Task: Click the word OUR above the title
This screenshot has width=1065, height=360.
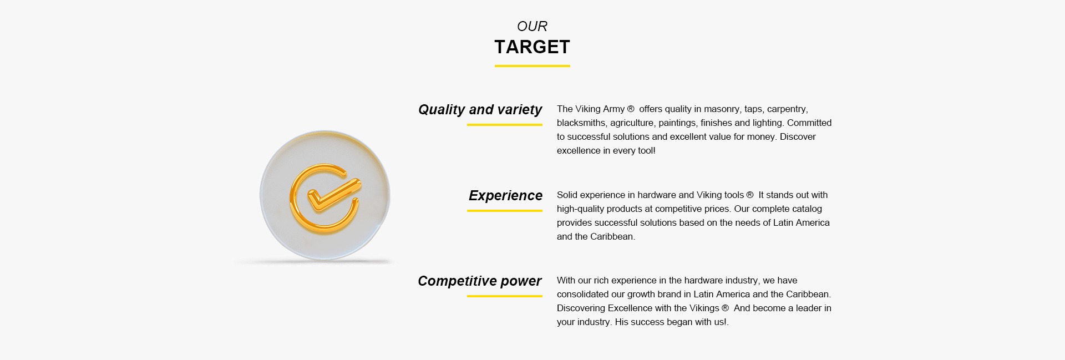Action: [532, 26]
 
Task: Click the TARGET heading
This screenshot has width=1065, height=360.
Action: [532, 47]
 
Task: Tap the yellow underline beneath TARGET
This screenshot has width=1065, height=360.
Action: [532, 66]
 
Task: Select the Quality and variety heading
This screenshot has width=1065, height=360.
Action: [480, 109]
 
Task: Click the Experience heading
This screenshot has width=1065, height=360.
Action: [505, 195]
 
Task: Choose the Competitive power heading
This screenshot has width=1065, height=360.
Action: [480, 281]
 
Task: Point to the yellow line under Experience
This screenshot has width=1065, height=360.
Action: [505, 211]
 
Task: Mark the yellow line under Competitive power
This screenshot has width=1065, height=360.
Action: [505, 296]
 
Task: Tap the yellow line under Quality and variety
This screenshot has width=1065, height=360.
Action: [505, 125]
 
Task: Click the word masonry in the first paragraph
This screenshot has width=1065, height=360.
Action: [722, 109]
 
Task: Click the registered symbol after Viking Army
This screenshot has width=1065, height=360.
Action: [631, 109]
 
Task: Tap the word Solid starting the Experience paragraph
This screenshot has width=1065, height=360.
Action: [567, 195]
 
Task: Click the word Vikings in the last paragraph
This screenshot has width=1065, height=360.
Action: [704, 308]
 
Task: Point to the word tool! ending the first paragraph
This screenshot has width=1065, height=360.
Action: [647, 150]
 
